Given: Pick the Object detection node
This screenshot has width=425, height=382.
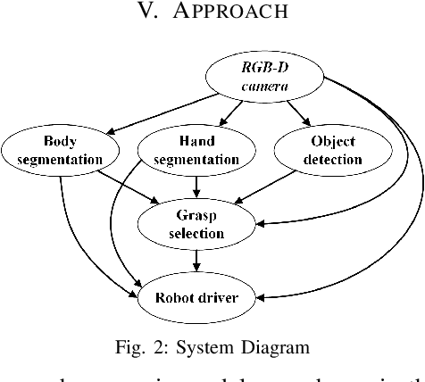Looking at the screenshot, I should [320, 149].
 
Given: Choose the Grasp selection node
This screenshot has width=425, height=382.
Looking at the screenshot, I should [196, 223].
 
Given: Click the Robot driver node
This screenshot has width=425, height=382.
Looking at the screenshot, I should [196, 298].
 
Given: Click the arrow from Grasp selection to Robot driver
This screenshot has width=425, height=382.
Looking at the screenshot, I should [196, 261].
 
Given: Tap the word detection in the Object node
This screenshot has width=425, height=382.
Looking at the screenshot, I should [320, 160].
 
